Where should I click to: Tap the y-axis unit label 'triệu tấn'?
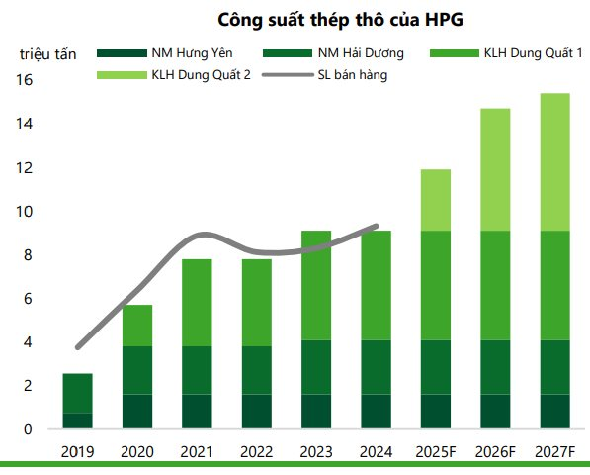pos(47,53)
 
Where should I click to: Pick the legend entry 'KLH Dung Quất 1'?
pos(523,53)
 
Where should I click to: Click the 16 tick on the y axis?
pos(28,81)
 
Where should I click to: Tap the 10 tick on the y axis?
pos(28,212)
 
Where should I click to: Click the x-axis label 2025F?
pos(436,452)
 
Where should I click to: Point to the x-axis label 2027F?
pos(554,452)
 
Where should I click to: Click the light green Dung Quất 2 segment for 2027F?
pos(554,161)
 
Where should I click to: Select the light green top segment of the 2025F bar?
pos(436,200)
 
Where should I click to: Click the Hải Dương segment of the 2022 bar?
pos(258,370)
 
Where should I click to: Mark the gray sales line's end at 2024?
pos(377,226)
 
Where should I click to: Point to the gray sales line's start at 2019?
pos(77,347)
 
